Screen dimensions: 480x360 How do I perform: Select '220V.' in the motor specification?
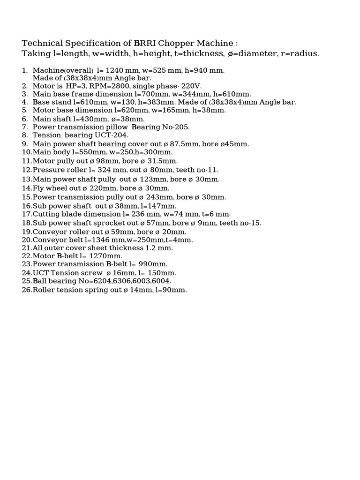(192, 86)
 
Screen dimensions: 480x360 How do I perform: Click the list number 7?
(25, 127)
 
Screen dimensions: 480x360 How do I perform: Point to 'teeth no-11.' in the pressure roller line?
(197, 170)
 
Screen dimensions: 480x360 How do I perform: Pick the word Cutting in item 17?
(45, 214)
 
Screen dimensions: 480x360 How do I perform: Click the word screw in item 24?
(92, 273)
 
